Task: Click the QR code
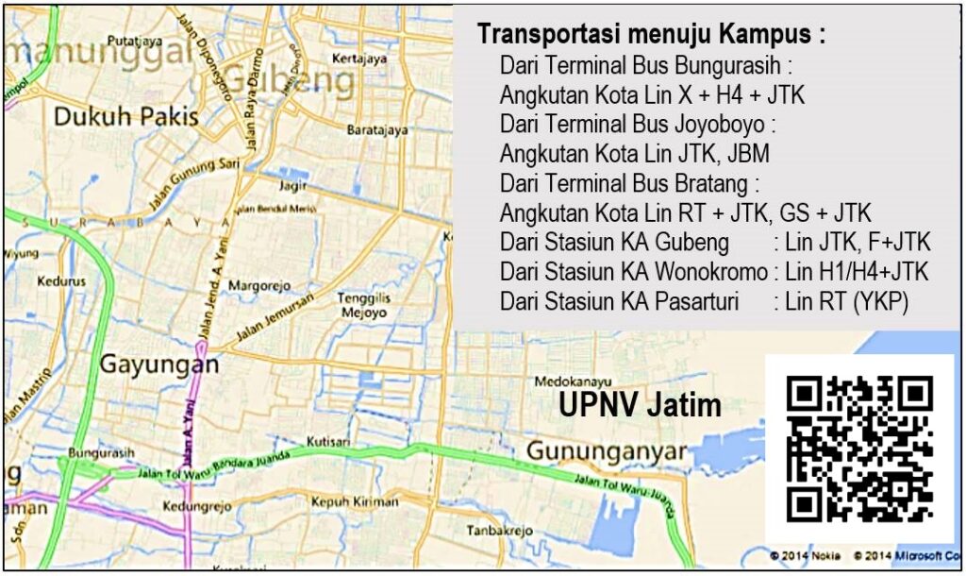(859, 449)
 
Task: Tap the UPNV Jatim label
(640, 406)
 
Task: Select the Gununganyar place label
(607, 451)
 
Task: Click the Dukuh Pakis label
(125, 117)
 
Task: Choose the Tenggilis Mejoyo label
(363, 305)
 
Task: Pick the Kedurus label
(61, 280)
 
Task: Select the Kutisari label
(329, 441)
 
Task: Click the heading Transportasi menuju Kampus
(651, 35)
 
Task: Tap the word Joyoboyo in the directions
(721, 124)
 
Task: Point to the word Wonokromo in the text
(708, 272)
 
